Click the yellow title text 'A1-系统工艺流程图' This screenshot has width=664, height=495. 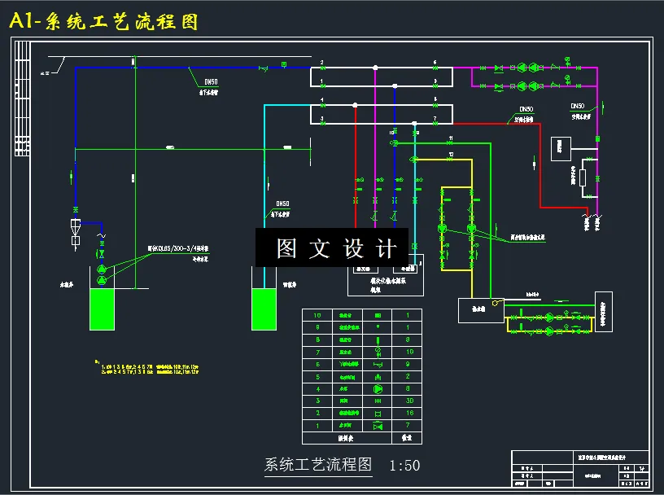[104, 22]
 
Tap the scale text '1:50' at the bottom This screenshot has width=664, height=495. [404, 466]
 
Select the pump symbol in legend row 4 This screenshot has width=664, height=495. [377, 389]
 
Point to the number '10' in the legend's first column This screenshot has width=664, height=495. [318, 315]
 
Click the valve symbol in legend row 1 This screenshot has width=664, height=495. [377, 426]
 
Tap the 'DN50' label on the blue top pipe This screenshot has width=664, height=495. [211, 81]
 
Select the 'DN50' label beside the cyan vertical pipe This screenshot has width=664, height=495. [282, 204]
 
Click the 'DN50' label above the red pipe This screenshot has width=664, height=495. [526, 109]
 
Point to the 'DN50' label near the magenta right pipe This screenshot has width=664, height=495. [577, 106]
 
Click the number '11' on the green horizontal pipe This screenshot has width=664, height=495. [450, 138]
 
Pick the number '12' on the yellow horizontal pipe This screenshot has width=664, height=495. [450, 154]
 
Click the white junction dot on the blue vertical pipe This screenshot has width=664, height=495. [394, 85]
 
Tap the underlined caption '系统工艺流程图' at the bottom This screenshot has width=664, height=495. [318, 466]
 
